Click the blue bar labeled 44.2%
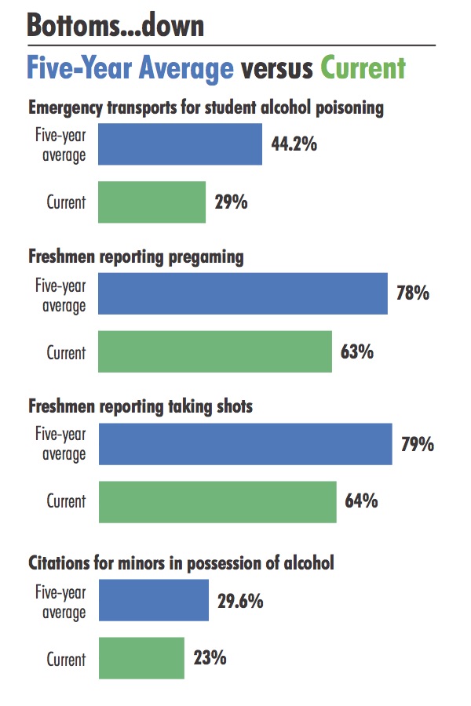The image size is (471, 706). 180,144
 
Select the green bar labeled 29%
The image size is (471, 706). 152,202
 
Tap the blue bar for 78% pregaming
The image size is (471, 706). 243,294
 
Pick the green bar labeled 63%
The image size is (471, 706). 215,351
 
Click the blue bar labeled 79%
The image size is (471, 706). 245,444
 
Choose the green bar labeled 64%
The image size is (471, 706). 217,501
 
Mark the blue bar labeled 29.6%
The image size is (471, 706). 153,601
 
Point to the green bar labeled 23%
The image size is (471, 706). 141,657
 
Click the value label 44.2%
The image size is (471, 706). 294,144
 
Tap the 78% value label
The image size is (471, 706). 413,294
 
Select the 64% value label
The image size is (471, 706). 361,500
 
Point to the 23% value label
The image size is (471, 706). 210,657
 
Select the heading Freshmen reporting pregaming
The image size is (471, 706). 137,257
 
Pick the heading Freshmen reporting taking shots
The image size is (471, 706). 152,406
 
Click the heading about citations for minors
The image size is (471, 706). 181,562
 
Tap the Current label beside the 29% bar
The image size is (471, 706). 66,202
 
